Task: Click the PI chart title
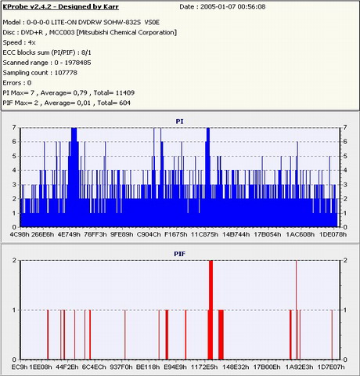click(x=180, y=121)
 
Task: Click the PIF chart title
click(x=180, y=254)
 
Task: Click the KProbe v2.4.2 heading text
click(x=61, y=7)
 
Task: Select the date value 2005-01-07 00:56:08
click(x=232, y=7)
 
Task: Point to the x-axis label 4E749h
click(x=69, y=234)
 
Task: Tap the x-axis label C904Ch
click(x=149, y=234)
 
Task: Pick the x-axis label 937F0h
click(x=121, y=367)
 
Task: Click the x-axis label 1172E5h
click(x=204, y=367)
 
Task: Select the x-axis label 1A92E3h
click(x=299, y=367)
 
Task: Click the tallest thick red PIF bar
click(x=211, y=310)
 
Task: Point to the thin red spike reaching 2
click(x=296, y=310)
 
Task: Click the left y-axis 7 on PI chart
click(x=14, y=128)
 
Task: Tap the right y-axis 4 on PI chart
click(x=345, y=170)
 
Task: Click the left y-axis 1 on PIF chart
click(x=14, y=310)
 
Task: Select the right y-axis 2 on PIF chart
click(x=345, y=260)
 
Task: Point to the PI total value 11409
click(x=124, y=92)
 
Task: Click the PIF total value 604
click(x=124, y=103)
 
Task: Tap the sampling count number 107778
click(x=66, y=73)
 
